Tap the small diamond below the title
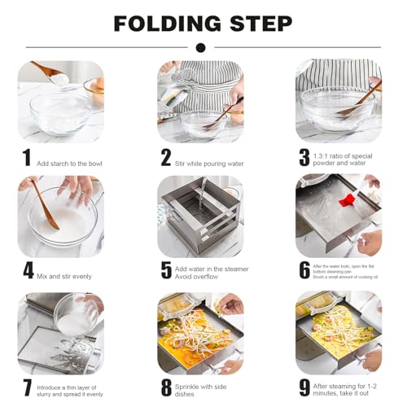point(203,46)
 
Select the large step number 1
point(26,157)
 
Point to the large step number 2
point(165,157)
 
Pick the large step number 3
point(304,157)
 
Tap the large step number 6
point(304,270)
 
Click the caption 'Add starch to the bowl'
point(69,164)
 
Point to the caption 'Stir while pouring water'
point(208,164)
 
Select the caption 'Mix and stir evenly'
point(64,276)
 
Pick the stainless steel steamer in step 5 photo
point(199,216)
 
